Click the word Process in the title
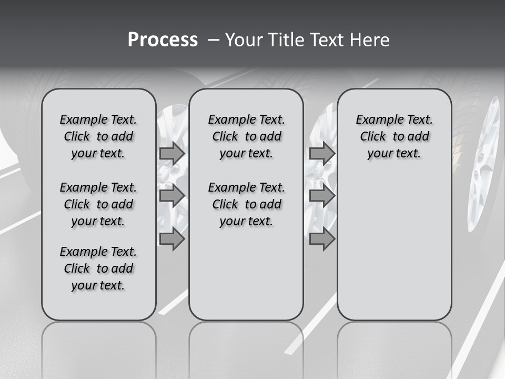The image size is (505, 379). tap(162, 40)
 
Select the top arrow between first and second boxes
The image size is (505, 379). tap(172, 153)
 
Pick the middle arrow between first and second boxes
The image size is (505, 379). tap(172, 196)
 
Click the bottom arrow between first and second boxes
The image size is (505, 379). tap(172, 239)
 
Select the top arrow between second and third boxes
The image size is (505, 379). tap(322, 153)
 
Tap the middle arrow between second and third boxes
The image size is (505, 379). tap(322, 196)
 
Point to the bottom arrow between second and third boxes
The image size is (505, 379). tap(322, 239)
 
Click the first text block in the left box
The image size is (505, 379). tap(98, 136)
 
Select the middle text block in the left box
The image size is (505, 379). tap(98, 204)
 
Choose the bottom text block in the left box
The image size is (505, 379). tap(98, 268)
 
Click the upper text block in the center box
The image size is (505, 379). tap(246, 136)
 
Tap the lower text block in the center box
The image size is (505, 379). tap(246, 204)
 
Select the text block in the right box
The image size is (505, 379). tap(394, 136)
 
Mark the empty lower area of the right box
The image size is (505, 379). tap(394, 247)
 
